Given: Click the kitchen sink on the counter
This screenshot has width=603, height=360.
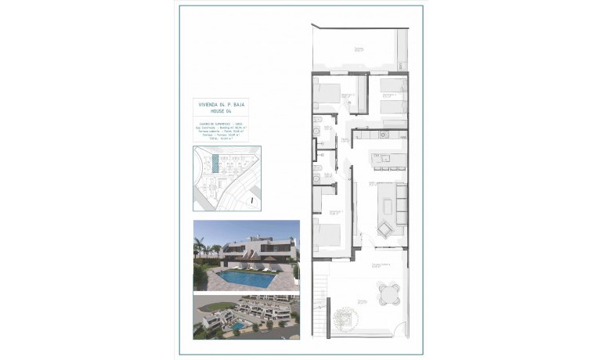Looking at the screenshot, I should (384, 134).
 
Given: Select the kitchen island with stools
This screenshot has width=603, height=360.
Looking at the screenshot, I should (385, 160).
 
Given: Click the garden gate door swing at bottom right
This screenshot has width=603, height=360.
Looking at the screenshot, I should (400, 333).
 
